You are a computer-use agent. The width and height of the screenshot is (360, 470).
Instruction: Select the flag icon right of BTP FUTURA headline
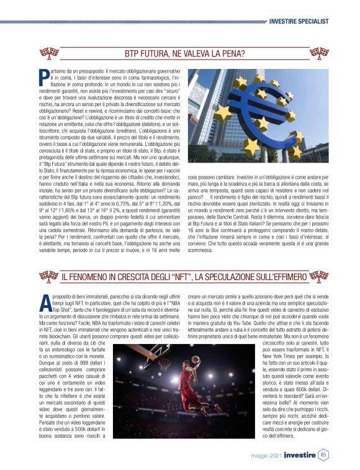[x=318, y=52]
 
